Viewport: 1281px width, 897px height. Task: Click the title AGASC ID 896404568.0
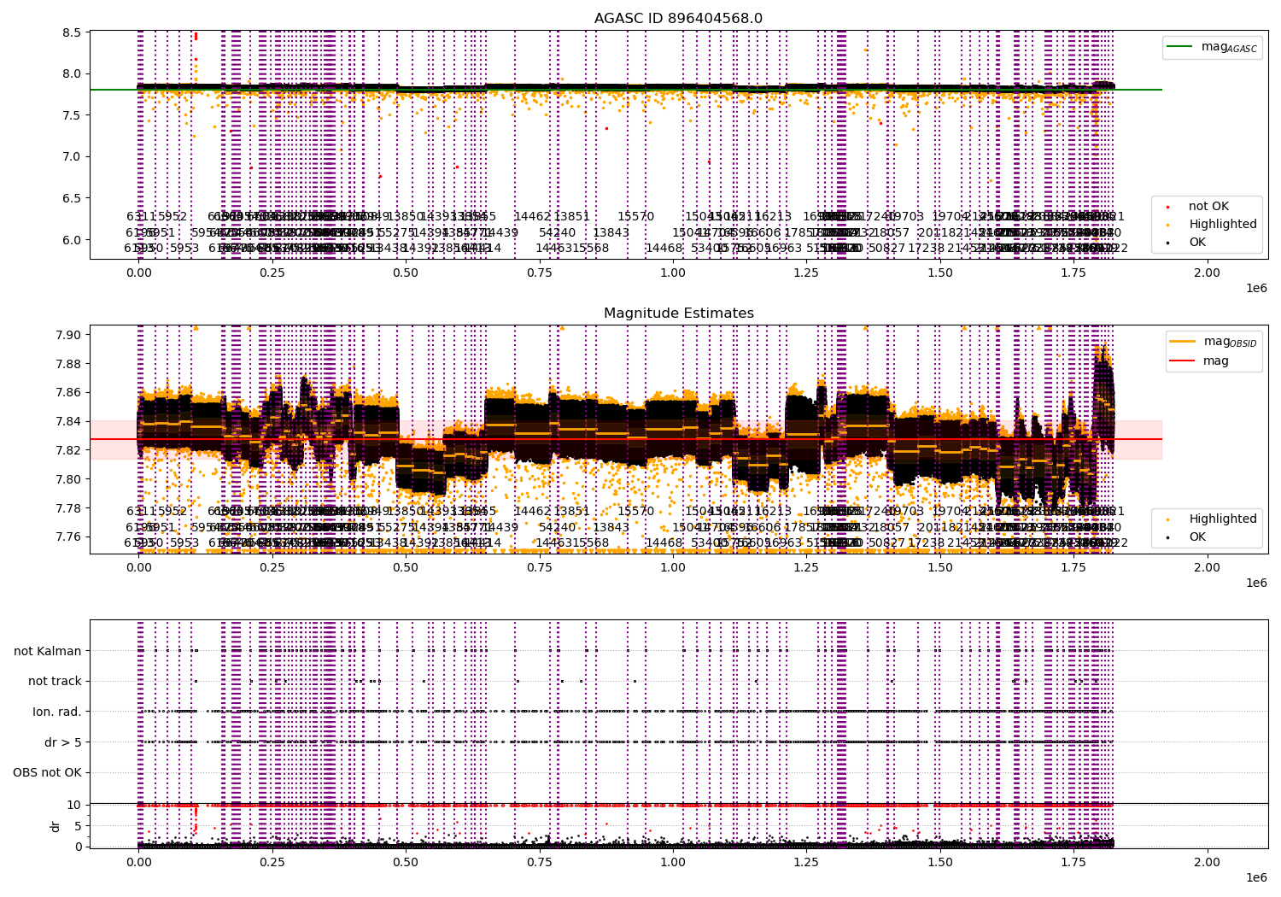point(678,18)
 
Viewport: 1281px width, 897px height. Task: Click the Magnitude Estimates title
point(678,314)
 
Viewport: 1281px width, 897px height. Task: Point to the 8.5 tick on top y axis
point(71,32)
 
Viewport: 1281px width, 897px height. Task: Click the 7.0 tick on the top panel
point(71,156)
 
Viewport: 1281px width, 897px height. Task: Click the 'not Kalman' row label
point(48,651)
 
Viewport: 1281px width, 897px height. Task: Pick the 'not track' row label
point(55,681)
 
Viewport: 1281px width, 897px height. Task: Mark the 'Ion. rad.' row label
point(57,712)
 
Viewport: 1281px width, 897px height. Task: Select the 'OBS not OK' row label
point(47,773)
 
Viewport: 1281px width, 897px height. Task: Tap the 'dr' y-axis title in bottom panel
point(56,826)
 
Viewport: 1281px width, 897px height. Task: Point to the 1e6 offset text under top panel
point(1255,288)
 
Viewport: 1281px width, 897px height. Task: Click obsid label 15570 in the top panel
point(635,217)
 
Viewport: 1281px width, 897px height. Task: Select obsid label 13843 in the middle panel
point(611,527)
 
